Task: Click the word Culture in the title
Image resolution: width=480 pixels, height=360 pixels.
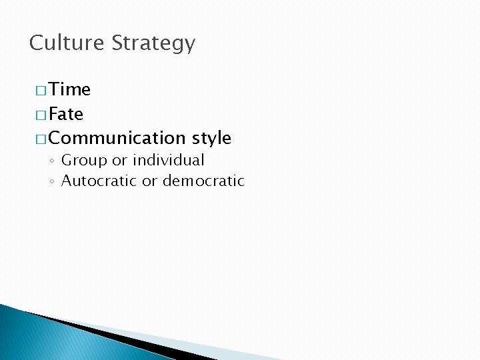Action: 67,43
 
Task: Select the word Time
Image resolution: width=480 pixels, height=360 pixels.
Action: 69,90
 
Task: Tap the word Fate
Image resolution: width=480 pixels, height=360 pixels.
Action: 66,114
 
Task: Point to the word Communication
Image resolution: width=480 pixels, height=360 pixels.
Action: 117,138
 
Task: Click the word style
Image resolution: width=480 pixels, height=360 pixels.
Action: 211,139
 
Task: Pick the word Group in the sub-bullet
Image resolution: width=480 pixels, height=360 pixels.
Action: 85,161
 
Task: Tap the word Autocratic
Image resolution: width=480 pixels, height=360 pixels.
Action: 99,181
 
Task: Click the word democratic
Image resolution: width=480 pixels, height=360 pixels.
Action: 203,181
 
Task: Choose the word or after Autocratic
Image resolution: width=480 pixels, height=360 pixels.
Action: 149,181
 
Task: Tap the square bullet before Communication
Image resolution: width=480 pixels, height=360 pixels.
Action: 41,139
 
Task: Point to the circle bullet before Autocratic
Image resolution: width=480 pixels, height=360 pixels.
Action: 52,181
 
